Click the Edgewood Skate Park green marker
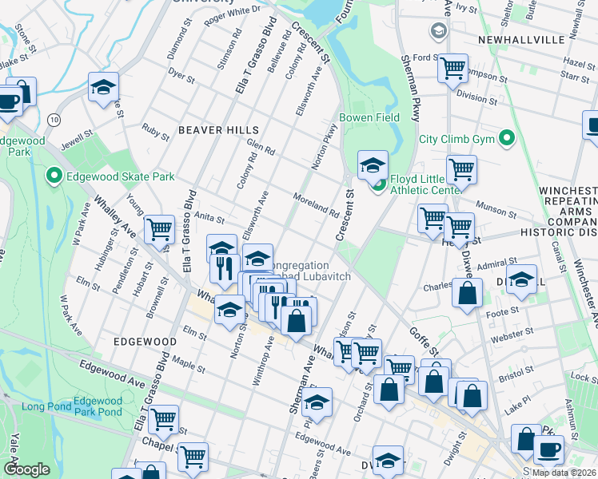54,176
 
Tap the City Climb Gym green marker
505,139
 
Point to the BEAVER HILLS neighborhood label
218,129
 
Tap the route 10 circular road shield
54,118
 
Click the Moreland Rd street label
316,205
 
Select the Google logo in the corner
26,469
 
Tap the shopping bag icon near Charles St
466,293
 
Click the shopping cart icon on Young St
159,230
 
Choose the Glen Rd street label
261,147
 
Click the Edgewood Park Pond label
98,406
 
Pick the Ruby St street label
155,131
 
